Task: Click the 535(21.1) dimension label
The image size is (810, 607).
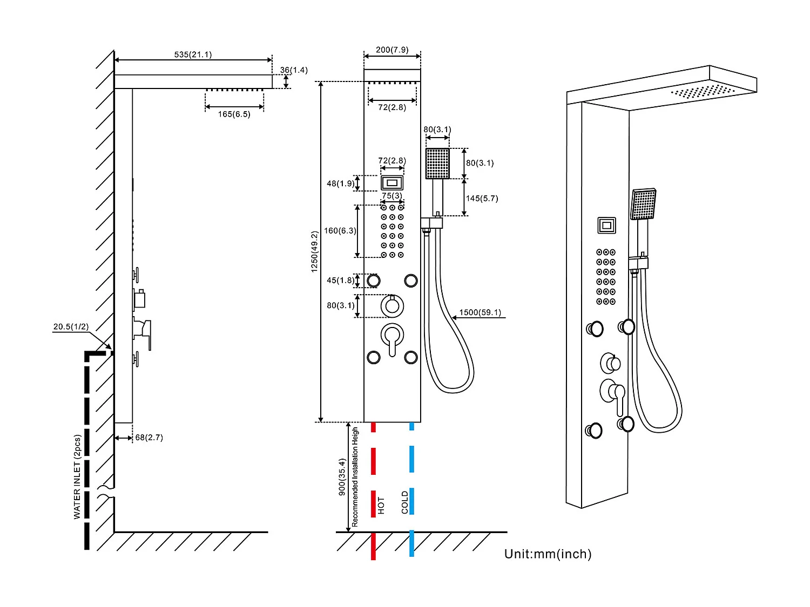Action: click(x=193, y=54)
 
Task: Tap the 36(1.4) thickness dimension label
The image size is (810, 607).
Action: click(x=294, y=70)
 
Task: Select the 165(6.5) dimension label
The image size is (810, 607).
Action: click(x=234, y=114)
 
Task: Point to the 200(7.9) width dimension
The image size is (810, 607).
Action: click(x=392, y=50)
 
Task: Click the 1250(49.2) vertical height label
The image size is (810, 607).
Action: click(x=314, y=251)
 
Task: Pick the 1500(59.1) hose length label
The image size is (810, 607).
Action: click(x=480, y=312)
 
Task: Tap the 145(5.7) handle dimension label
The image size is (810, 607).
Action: click(x=482, y=199)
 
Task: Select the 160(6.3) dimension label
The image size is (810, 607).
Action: click(x=340, y=231)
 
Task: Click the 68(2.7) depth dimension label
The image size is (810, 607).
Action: click(x=149, y=438)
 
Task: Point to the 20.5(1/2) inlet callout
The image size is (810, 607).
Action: click(x=71, y=326)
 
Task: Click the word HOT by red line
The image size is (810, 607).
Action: click(x=381, y=505)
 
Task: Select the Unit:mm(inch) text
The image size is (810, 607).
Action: click(x=548, y=554)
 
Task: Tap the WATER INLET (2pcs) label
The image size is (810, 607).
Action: click(x=77, y=477)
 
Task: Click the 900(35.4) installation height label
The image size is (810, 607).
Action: click(x=342, y=477)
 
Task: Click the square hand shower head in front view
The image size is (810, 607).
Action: click(x=437, y=163)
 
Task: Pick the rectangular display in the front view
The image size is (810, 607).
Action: click(x=392, y=183)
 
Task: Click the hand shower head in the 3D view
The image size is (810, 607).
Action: click(x=644, y=204)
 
